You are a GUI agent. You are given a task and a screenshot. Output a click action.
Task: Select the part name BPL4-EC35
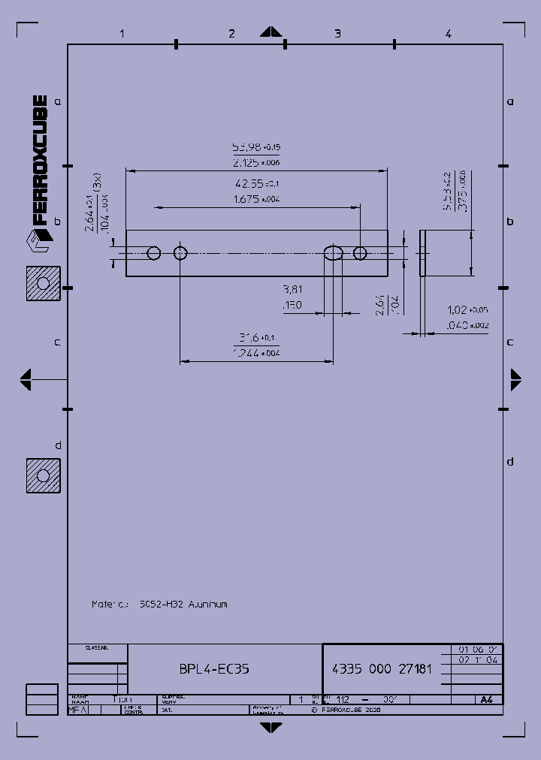click(x=214, y=668)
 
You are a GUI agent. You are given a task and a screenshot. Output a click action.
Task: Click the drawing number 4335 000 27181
click(x=382, y=668)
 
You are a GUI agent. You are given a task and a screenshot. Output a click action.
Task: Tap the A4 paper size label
click(x=486, y=699)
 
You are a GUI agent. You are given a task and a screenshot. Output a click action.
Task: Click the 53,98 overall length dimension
click(x=255, y=147)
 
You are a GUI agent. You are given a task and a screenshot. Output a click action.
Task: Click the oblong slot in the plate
click(x=333, y=253)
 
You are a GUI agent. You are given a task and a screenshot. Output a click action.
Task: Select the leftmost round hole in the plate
click(x=154, y=253)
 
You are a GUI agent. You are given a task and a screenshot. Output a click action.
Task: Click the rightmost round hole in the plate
click(x=360, y=253)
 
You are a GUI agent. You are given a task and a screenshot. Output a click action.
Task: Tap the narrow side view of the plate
click(x=422, y=253)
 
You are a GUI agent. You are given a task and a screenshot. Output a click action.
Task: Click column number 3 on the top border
click(x=337, y=33)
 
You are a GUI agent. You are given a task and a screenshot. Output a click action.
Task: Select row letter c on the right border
click(x=509, y=342)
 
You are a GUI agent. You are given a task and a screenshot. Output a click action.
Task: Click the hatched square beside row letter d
click(x=43, y=476)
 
